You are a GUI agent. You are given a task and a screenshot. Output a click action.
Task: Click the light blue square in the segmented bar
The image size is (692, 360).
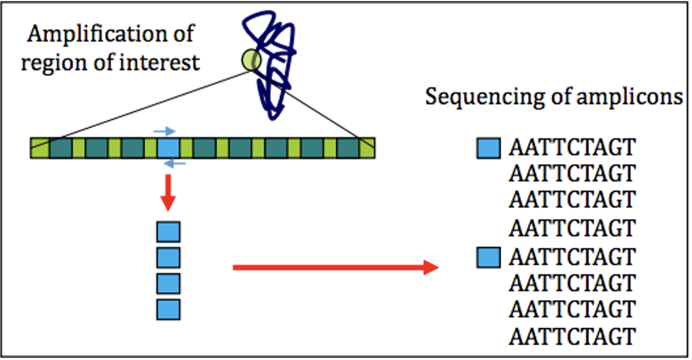[x=168, y=148]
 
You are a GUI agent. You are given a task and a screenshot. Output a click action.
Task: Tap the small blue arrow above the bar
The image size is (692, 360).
[x=165, y=132]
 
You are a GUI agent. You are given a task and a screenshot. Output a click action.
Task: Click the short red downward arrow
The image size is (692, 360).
[x=168, y=193]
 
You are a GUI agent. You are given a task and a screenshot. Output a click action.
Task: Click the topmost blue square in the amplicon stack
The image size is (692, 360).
[x=168, y=231]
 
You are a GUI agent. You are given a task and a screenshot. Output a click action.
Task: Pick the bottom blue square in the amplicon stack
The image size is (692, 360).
[x=168, y=310]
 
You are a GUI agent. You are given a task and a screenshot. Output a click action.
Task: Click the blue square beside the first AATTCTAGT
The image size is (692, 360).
[x=488, y=148]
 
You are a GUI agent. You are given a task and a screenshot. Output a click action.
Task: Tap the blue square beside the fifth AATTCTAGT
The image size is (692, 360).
[x=488, y=257]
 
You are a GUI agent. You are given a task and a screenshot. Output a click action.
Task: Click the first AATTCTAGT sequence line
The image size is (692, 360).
[x=572, y=148]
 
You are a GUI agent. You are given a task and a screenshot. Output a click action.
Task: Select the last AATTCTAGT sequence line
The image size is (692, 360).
[x=572, y=336]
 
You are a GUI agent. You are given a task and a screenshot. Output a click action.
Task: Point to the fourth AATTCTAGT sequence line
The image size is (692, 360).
[x=572, y=227]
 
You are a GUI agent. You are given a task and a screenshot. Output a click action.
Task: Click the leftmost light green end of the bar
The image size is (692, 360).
[x=40, y=148]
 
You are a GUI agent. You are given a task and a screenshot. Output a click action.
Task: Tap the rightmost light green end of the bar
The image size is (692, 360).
[x=367, y=148]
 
